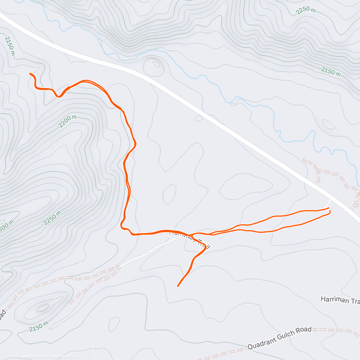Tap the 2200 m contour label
click(67, 121)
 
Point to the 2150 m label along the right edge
click(331, 72)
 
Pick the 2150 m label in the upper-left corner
click(10, 46)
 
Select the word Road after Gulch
click(304, 330)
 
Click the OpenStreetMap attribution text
click(63, 356)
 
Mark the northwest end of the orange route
click(30, 73)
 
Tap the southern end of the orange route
click(178, 286)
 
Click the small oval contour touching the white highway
click(199, 118)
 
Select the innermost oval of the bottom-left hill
click(43, 307)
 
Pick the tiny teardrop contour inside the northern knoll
click(156, 64)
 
